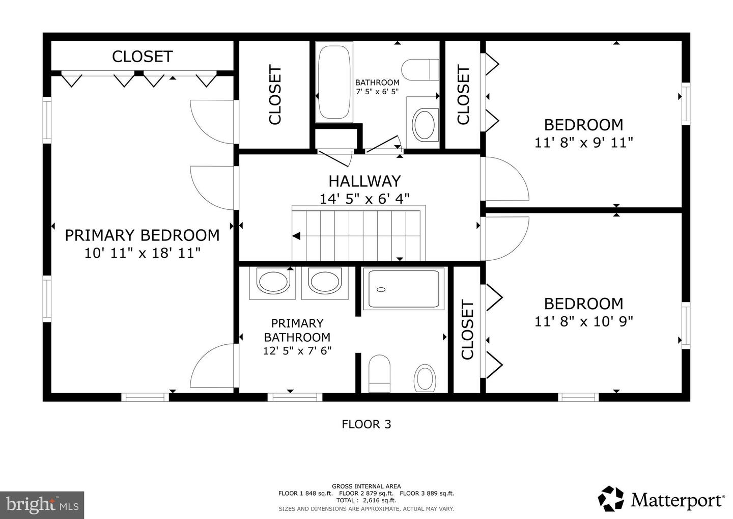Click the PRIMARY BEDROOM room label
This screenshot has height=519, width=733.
click(x=142, y=235)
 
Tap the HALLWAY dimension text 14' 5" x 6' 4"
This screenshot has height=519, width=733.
click(x=364, y=198)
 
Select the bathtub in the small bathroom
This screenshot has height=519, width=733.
click(x=334, y=82)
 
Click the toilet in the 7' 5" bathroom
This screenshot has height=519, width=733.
click(x=421, y=69)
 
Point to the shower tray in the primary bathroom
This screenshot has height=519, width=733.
click(x=403, y=289)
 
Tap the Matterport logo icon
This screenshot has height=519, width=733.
click(x=611, y=499)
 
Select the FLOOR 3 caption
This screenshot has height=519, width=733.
click(x=366, y=424)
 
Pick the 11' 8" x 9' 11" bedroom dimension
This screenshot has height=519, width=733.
click(x=583, y=142)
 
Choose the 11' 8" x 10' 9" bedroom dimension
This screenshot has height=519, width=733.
click(x=583, y=321)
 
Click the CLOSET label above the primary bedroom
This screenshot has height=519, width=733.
click(x=142, y=57)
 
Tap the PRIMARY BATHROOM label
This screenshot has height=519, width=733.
click(x=297, y=330)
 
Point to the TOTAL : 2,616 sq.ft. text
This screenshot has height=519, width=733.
click(x=365, y=501)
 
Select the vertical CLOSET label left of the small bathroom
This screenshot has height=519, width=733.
click(x=275, y=95)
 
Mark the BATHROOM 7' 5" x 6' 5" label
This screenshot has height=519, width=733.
click(x=377, y=87)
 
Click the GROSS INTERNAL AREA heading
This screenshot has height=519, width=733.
click(x=366, y=486)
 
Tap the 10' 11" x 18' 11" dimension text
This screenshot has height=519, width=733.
click(x=142, y=253)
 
